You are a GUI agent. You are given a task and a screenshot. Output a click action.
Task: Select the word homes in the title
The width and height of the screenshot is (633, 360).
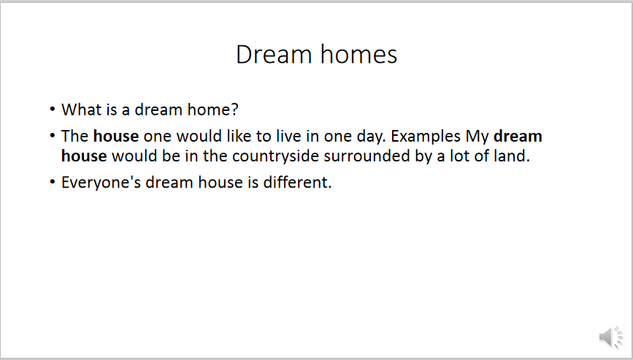tap(359, 54)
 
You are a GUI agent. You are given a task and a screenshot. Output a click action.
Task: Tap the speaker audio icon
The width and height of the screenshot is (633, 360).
tap(611, 337)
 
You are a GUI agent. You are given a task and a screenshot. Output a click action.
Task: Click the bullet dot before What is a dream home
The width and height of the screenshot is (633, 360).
tap(53, 109)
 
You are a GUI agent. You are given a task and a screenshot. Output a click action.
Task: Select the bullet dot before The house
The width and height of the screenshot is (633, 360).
tap(53, 136)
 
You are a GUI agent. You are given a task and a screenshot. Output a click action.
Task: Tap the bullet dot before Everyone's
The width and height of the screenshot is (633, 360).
tap(53, 182)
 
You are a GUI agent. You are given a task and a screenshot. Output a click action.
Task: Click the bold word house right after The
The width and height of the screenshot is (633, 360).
tap(116, 136)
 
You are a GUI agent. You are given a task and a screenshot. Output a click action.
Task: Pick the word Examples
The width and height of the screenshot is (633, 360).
tap(426, 137)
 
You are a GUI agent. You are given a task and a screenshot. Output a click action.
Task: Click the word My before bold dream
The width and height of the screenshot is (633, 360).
tap(477, 137)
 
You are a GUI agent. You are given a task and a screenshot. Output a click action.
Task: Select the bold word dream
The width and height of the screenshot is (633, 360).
tap(518, 136)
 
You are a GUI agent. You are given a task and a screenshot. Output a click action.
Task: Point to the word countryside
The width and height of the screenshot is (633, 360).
tap(276, 156)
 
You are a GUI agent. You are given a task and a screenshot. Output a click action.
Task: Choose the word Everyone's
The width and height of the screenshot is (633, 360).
tap(101, 183)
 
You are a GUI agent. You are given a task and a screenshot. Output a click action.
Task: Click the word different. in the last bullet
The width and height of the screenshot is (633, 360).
tap(298, 182)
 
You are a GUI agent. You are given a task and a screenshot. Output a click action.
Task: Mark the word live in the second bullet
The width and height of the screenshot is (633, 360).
tap(288, 136)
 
